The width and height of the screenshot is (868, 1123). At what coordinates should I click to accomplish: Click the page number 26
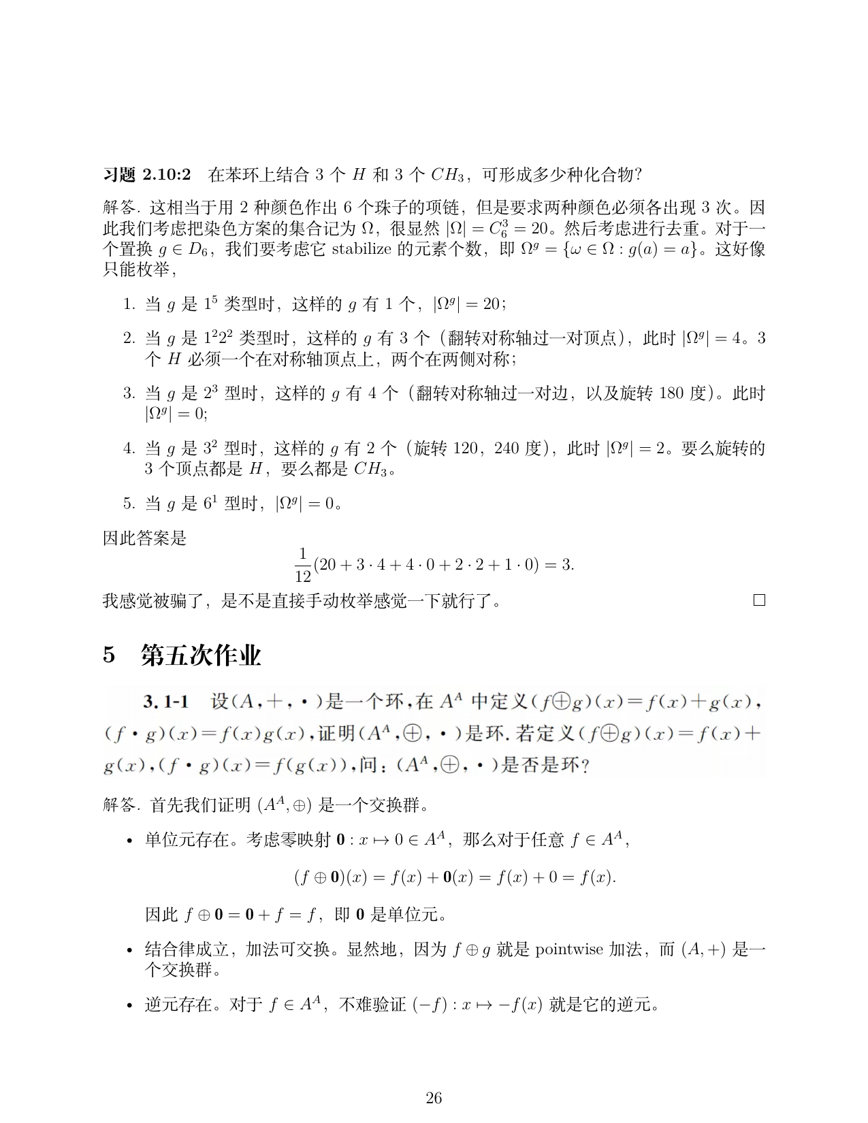pos(434,1097)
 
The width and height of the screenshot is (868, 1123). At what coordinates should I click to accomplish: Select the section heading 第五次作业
pos(201,655)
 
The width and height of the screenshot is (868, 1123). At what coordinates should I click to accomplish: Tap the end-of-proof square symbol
pos(759,600)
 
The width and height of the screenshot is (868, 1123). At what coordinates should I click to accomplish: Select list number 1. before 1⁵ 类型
pos(129,304)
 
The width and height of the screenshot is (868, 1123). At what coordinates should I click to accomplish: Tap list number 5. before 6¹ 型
pos(129,504)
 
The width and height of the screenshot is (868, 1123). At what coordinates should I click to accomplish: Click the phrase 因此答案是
pos(144,539)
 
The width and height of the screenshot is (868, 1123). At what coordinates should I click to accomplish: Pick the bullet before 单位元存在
pos(129,841)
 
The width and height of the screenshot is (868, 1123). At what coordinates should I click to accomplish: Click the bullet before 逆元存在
pos(129,1005)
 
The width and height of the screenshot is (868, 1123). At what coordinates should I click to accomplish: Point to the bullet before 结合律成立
pos(129,950)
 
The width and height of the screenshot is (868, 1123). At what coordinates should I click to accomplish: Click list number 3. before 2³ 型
pos(129,393)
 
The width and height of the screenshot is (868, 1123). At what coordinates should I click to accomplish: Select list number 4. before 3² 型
pos(129,449)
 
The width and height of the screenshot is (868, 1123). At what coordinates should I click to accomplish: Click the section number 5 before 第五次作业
pos(109,655)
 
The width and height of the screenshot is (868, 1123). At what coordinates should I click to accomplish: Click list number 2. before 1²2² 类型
pos(129,338)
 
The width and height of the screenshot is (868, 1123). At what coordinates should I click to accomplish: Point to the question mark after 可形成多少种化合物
pos(638,176)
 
